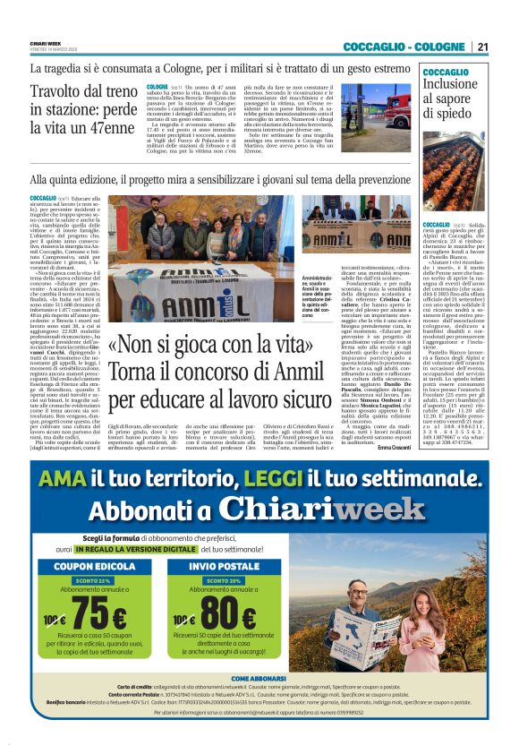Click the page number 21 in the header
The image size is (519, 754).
(482, 47)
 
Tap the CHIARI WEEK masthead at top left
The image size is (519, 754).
(45, 41)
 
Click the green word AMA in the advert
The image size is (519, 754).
(61, 477)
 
